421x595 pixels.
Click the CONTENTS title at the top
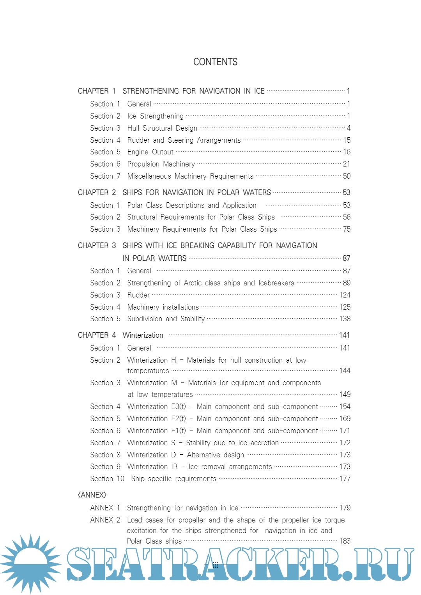point(215,62)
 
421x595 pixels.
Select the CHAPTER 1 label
point(97,91)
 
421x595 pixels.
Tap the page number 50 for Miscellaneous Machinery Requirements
point(347,176)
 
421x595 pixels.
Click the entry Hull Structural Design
point(162,128)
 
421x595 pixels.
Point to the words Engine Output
point(150,152)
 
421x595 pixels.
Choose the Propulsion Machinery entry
point(161,164)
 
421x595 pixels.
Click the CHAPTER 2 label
point(97,193)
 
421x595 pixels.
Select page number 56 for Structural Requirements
point(347,217)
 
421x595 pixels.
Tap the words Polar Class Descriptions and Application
point(192,205)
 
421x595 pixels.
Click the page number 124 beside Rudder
point(345,295)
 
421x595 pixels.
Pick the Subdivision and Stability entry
point(166,319)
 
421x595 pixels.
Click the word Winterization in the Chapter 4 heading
point(143,335)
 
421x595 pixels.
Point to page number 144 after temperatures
point(345,371)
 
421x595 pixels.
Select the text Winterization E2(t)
point(157,419)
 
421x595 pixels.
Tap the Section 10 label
point(107,479)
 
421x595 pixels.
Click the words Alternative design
point(215,455)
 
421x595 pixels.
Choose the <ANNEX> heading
point(92,495)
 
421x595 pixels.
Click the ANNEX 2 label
point(105,520)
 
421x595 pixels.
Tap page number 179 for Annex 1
point(345,508)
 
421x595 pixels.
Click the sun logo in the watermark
point(30,564)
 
